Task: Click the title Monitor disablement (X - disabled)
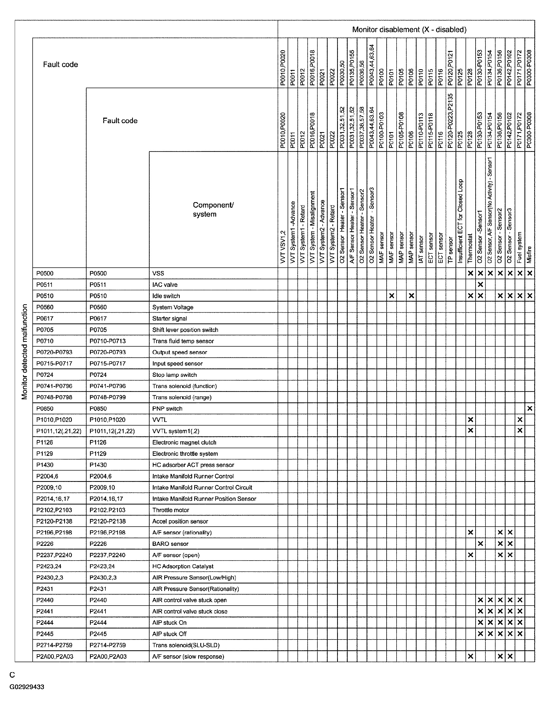coord(409,29)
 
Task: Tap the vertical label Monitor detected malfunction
coord(24,352)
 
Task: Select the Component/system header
coord(213,209)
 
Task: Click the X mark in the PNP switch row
coord(529,408)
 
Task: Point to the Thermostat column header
coord(470,248)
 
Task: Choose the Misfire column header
coord(529,254)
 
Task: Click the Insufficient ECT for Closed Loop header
coord(460,221)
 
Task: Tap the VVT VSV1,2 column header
coord(283,247)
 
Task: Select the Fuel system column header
coord(519,247)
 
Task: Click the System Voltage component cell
coord(173,307)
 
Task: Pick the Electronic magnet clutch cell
coord(184,442)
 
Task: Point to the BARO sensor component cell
coord(170,543)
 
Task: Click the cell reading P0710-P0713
coord(107,341)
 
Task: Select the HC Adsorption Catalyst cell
coord(183,566)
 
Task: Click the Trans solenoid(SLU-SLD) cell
coord(186,645)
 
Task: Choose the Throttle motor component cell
coord(170,510)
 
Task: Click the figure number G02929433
coord(27,687)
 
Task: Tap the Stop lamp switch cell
coord(174,375)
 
